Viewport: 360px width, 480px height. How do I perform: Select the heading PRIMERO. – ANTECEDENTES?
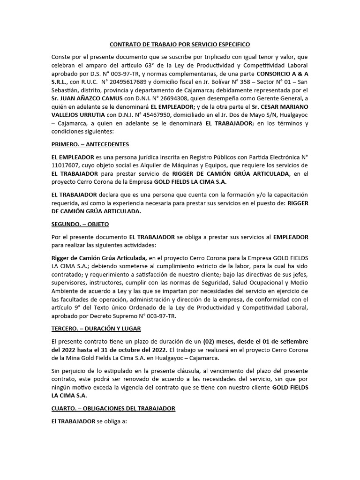(90, 144)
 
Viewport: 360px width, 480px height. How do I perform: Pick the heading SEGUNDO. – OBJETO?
(80, 224)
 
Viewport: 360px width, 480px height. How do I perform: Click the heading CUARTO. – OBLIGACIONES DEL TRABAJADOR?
(113, 408)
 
